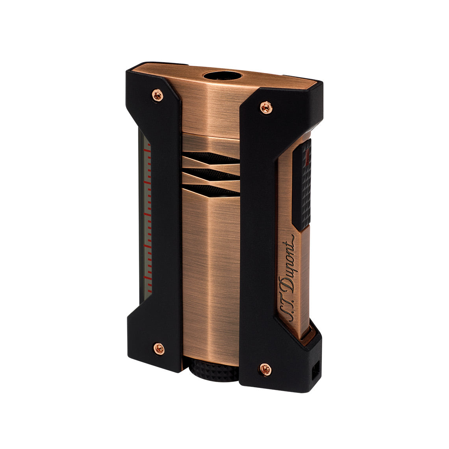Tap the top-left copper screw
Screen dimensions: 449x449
coord(158,94)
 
